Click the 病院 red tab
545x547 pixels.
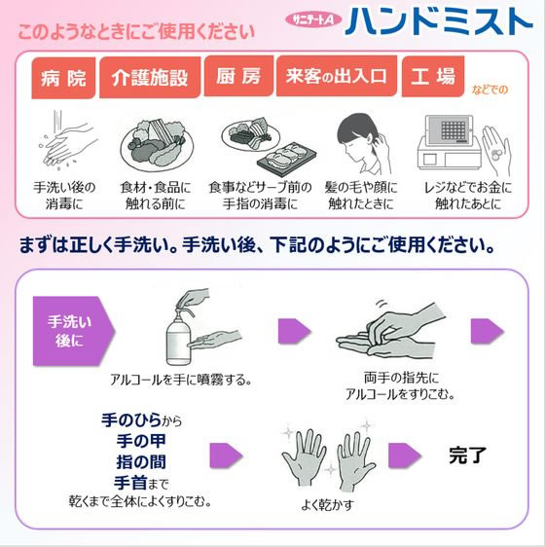[63, 79]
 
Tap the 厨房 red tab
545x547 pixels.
[238, 77]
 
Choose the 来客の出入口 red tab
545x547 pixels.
[336, 77]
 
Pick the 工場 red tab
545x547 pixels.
[433, 77]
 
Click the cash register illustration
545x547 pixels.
[450, 146]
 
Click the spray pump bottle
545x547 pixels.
[180, 331]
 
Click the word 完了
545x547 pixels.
[467, 454]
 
